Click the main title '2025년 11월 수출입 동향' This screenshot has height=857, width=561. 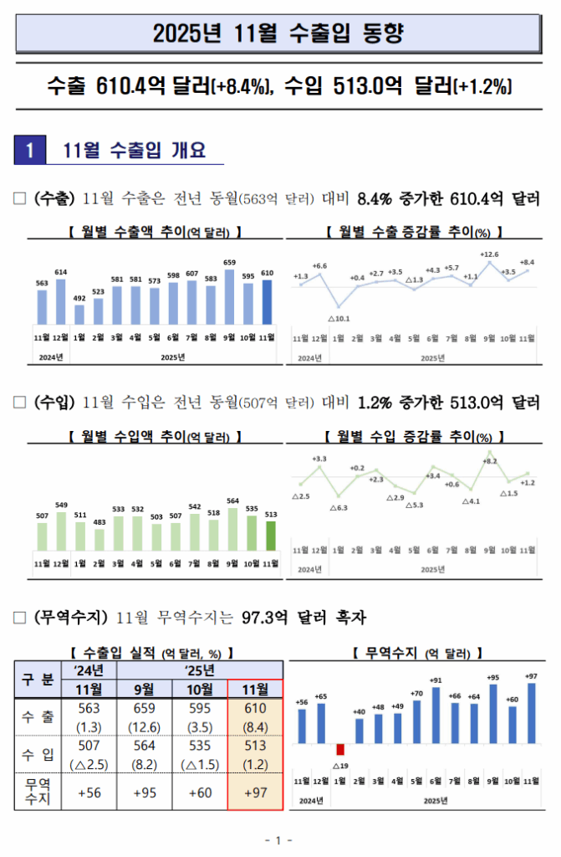tap(279, 34)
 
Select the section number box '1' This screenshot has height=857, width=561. tap(29, 151)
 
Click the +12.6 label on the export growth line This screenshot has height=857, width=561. tap(489, 254)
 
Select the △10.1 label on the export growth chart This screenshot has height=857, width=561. tap(339, 318)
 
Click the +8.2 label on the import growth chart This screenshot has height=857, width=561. tap(490, 461)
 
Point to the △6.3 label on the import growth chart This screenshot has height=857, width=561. tap(339, 507)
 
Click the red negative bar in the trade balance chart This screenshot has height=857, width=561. tap(339, 749)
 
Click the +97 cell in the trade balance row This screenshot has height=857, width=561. tap(255, 793)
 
